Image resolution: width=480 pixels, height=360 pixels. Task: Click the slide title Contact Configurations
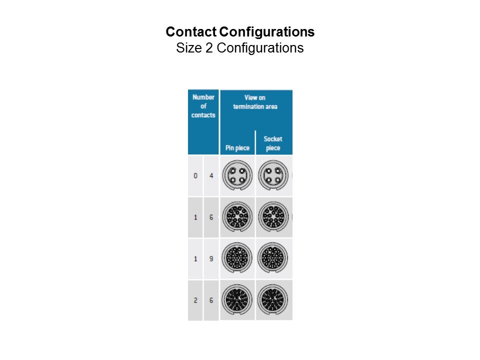click(x=240, y=32)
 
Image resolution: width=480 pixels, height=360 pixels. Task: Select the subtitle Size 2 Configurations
click(x=239, y=48)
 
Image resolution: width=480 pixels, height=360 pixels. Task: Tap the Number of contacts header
click(x=203, y=106)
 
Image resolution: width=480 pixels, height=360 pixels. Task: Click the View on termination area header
click(x=255, y=102)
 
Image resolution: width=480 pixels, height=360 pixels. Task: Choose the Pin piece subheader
click(x=237, y=148)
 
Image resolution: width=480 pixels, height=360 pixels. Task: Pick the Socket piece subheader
click(x=273, y=143)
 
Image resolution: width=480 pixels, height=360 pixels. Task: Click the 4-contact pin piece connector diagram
click(x=237, y=175)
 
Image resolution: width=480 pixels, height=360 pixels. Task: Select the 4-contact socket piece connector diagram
click(x=273, y=175)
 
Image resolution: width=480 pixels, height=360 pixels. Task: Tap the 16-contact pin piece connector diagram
click(x=237, y=216)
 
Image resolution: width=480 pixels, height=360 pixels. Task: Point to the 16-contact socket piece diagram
click(x=273, y=216)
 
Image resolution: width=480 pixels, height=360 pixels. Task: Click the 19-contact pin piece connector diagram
click(x=237, y=258)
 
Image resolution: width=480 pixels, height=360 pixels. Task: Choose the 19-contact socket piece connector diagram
click(x=272, y=258)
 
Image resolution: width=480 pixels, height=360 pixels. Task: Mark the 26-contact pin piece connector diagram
click(x=237, y=299)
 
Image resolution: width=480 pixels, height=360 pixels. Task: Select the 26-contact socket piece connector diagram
click(x=272, y=299)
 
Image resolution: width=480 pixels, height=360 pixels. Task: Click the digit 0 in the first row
click(x=195, y=175)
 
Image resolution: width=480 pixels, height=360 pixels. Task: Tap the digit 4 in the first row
click(x=211, y=175)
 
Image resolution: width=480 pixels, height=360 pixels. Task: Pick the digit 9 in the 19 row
click(x=211, y=259)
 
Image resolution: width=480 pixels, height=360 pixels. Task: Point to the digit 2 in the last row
click(x=195, y=300)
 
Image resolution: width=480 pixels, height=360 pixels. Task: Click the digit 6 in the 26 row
click(x=211, y=300)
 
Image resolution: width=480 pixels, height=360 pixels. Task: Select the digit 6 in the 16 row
click(x=211, y=217)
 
